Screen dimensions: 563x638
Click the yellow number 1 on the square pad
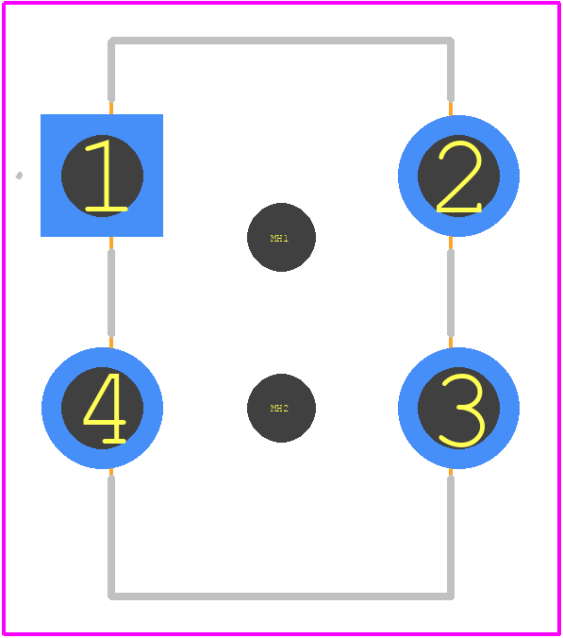[x=107, y=176]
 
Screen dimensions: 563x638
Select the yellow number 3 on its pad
[x=461, y=411]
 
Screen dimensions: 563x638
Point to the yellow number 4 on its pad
[x=105, y=408]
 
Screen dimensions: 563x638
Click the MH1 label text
[x=279, y=238]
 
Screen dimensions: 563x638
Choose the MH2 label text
[x=279, y=408]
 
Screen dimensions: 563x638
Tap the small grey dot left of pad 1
[x=19, y=176]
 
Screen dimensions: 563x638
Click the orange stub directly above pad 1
[x=111, y=108]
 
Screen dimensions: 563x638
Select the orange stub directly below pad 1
[x=111, y=243]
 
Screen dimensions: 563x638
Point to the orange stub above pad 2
[x=451, y=109]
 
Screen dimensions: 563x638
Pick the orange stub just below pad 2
[x=451, y=243]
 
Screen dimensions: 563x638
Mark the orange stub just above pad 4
[x=111, y=343]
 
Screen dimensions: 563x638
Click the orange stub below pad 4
[x=111, y=472]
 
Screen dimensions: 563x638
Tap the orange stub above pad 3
[x=451, y=343]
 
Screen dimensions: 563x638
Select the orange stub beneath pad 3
[x=451, y=472]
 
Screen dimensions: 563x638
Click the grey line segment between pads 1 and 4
[x=111, y=293]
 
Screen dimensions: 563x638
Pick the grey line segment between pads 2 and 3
[x=451, y=293]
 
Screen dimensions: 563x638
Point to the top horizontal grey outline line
[x=281, y=41]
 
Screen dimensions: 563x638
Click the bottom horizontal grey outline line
[x=281, y=596]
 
